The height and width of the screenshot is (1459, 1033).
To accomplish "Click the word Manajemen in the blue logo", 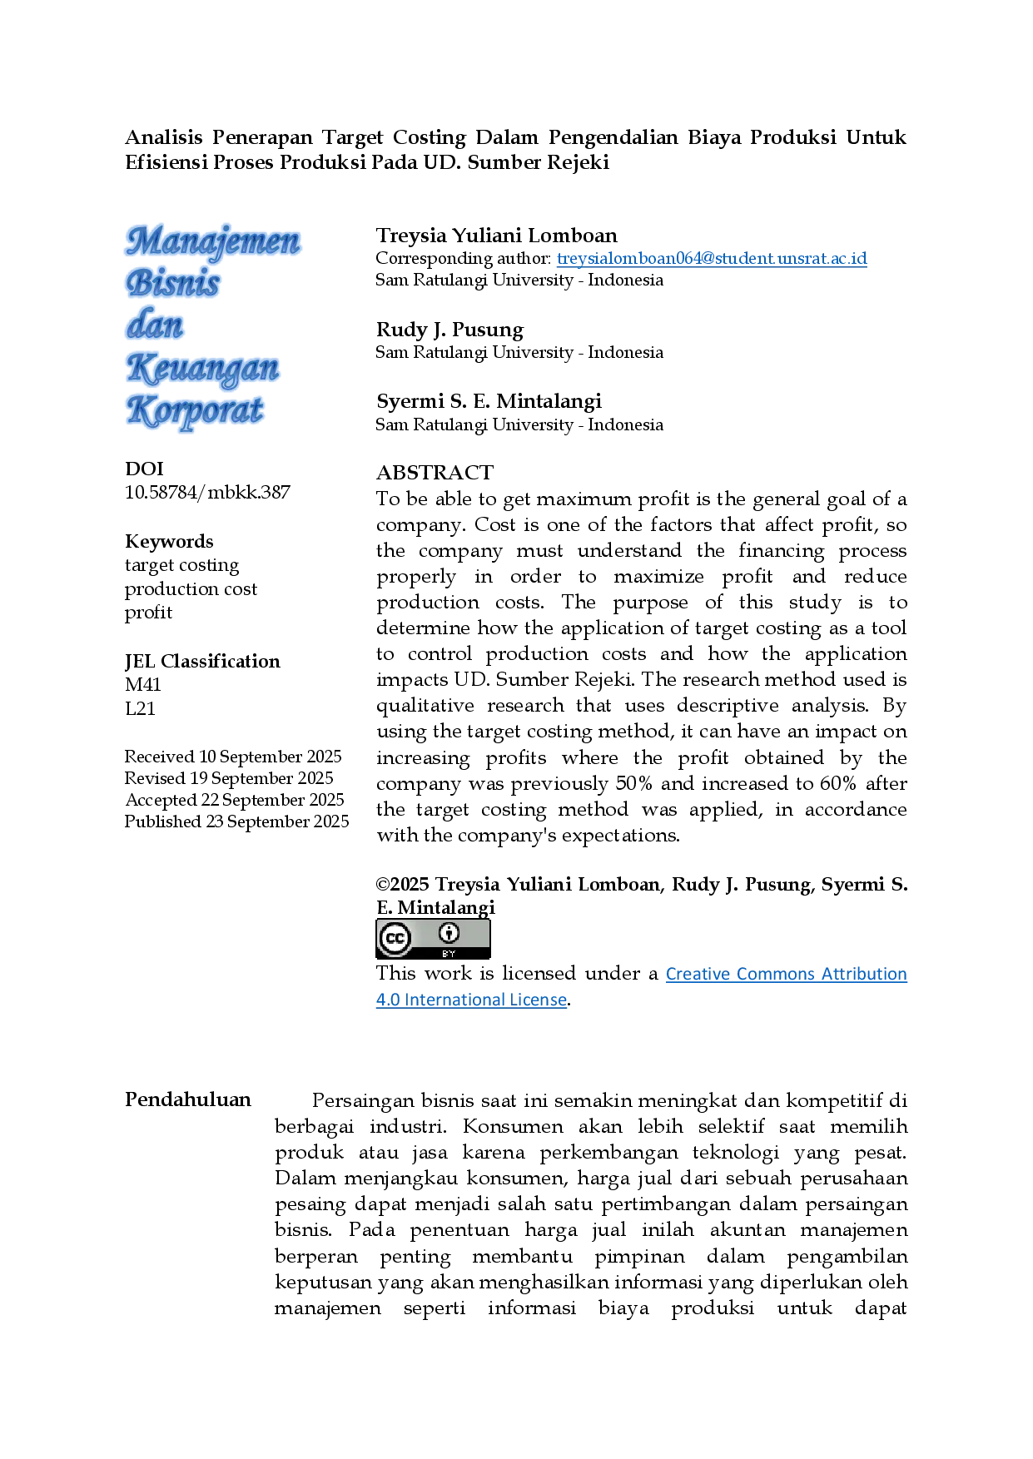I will [214, 241].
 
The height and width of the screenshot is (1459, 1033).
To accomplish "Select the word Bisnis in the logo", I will [173, 283].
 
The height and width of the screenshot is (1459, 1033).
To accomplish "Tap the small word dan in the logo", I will [155, 325].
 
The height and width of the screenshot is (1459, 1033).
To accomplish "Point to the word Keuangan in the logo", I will [204, 368].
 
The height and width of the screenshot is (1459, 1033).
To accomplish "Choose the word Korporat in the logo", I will [195, 410].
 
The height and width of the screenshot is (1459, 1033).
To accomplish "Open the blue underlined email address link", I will [712, 260].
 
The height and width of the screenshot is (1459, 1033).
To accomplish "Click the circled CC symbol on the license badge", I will [395, 939].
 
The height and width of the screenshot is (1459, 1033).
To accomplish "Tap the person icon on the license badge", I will [449, 933].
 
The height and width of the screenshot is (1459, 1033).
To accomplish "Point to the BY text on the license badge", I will [449, 954].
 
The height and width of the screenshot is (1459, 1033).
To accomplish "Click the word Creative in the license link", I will [698, 975].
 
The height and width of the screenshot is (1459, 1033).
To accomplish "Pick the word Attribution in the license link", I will [867, 975].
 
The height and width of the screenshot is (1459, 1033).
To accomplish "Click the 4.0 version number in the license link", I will [384, 1001].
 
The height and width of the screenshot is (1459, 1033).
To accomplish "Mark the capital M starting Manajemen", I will [142, 241].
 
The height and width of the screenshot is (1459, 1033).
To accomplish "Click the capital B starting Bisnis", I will [137, 283].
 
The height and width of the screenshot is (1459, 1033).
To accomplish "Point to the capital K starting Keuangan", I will [137, 368].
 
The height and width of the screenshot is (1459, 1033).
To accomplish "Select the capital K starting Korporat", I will [137, 410].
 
